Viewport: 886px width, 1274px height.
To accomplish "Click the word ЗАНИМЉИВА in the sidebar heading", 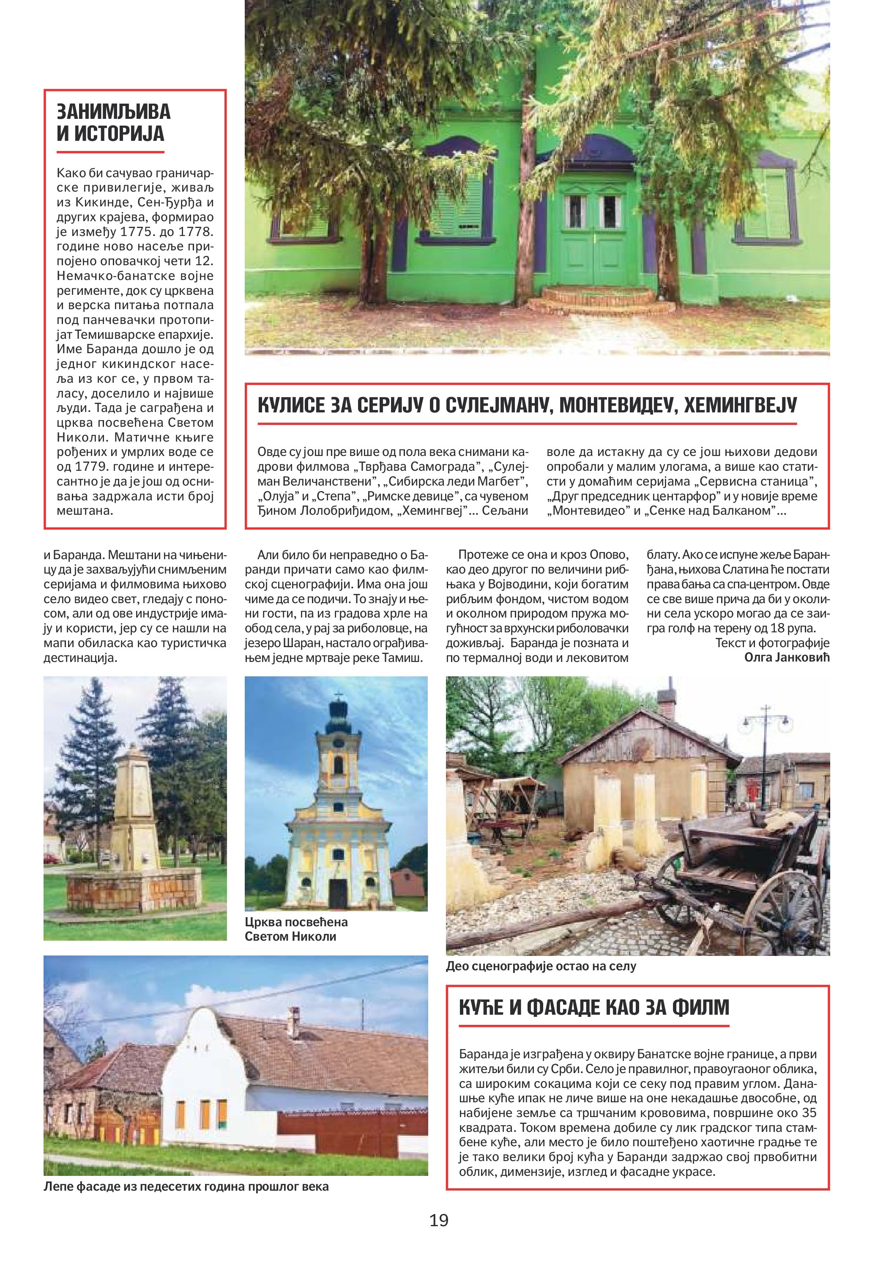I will [114, 112].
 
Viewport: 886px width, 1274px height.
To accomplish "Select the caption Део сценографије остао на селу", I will [541, 966].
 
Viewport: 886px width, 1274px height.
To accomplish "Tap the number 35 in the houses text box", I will [809, 1112].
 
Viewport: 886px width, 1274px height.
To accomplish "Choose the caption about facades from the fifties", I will [186, 1187].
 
